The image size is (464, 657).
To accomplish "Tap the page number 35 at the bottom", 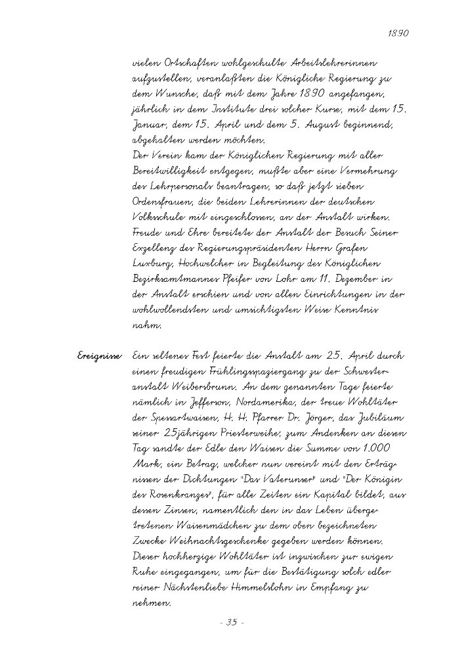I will click(x=232, y=622).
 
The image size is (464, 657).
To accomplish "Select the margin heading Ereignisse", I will click(x=98, y=355).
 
